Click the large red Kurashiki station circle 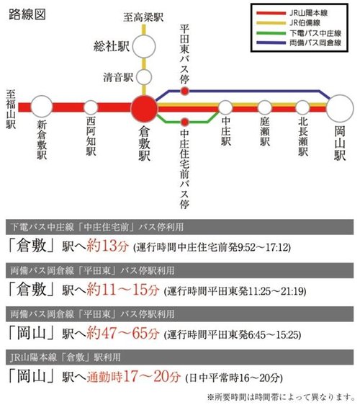pos(145,108)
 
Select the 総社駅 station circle pos(145,48)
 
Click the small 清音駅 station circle pos(145,76)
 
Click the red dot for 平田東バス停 pos(185,92)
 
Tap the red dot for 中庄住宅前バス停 pos(185,122)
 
